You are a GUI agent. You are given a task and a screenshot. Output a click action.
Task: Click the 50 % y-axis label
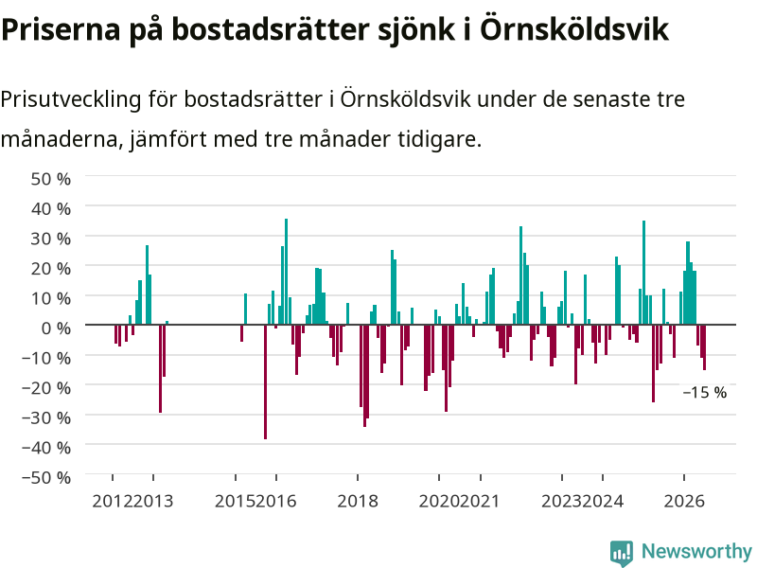[x=51, y=179]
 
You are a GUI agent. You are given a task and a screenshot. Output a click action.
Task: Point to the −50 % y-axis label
[x=46, y=478]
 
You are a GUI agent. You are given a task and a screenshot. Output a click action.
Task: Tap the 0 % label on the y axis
[x=56, y=328]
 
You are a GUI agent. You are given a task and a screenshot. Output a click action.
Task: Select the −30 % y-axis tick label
[x=46, y=417]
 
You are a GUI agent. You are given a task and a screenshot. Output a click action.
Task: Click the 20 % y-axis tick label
[x=51, y=269]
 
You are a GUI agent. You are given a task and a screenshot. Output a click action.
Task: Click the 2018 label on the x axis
[x=358, y=502]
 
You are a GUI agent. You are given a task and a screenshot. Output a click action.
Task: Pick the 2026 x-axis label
[x=684, y=502]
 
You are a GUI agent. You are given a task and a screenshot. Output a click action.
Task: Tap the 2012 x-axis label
[x=113, y=502]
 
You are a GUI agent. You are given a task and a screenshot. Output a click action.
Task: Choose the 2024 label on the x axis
[x=603, y=502]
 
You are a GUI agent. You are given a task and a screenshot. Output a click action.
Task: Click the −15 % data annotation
[x=705, y=392]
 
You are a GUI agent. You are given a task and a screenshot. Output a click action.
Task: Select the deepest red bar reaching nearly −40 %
[x=266, y=382]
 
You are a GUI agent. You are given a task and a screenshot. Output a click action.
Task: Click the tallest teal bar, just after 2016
[x=287, y=272]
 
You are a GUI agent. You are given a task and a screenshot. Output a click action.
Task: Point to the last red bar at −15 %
[x=704, y=347]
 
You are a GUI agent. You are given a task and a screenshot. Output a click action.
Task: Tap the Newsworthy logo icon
[x=622, y=553]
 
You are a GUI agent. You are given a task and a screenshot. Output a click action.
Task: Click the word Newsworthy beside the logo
[x=696, y=551]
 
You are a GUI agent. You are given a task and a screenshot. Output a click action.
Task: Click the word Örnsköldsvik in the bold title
[x=574, y=29]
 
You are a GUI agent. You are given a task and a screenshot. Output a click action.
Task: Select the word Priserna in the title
[x=61, y=30]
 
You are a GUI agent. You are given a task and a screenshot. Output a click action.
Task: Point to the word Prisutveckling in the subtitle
[x=71, y=100]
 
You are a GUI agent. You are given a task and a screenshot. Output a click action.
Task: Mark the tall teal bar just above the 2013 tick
[x=147, y=285]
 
